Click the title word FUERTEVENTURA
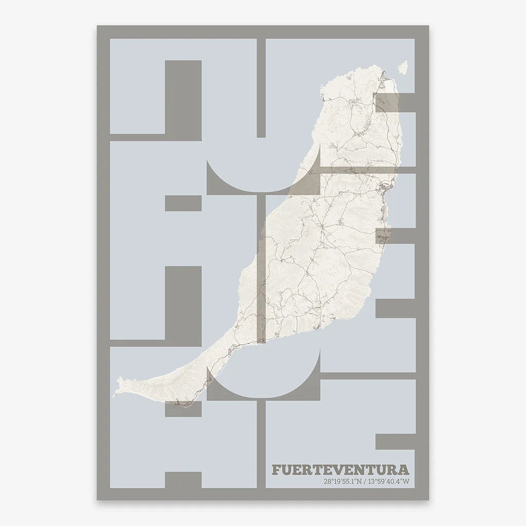pyautogui.click(x=342, y=470)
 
